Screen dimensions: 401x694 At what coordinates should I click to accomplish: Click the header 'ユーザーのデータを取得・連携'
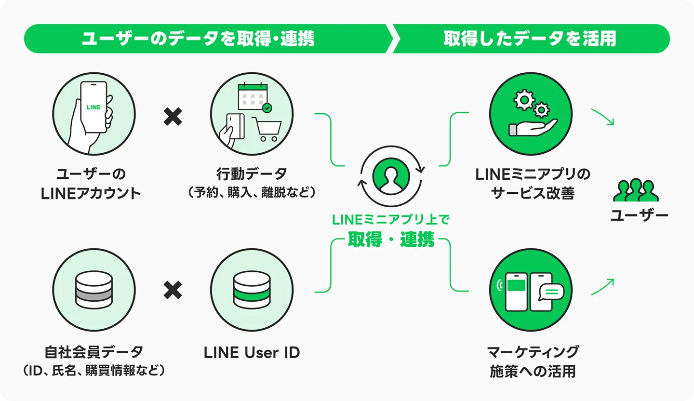198,39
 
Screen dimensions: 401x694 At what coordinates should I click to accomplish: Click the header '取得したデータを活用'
530,39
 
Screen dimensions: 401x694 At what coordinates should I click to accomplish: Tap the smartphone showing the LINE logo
93,107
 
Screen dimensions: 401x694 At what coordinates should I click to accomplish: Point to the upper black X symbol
173,117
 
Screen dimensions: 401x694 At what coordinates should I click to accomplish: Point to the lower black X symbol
173,291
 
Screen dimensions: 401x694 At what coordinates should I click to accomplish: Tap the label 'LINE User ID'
252,352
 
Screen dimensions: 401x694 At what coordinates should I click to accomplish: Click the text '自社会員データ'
94,352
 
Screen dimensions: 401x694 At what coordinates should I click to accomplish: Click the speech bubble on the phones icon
551,292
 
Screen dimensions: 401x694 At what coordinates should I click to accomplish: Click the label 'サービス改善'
533,193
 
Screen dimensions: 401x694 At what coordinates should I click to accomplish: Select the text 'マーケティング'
533,352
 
